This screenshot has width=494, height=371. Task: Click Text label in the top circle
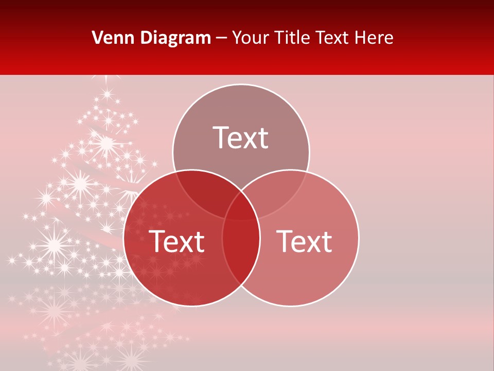241,138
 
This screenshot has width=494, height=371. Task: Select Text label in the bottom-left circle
177,242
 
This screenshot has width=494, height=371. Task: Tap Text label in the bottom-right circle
304,242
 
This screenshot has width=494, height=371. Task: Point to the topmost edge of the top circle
241,84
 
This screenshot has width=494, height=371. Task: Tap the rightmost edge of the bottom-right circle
359,238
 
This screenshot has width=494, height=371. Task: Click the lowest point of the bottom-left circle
191,307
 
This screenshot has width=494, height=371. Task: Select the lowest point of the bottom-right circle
290,307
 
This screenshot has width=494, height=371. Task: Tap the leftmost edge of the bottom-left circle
123,238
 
